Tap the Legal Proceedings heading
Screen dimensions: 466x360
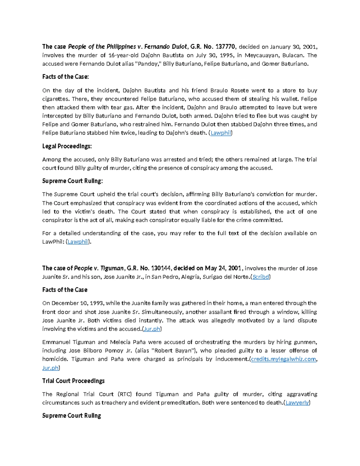pyautogui.click(x=67, y=146)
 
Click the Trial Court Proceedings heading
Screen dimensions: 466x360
pyautogui.click(x=73, y=381)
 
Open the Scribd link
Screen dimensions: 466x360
pyautogui.click(x=260, y=277)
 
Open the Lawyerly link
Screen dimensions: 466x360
pyautogui.click(x=297, y=403)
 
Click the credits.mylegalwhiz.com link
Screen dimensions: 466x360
pyautogui.click(x=283, y=359)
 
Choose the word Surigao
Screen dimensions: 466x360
pyautogui.click(x=213, y=277)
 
